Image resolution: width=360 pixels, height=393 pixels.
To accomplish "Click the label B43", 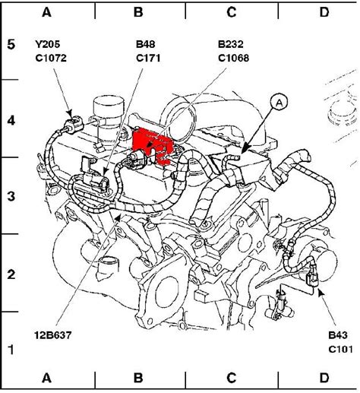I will (x=336, y=334).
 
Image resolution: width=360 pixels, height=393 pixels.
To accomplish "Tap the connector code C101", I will (x=339, y=348).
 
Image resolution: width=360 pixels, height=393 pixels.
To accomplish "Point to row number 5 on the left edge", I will (x=11, y=43).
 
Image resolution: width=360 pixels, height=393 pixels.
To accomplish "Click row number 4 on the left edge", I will (x=11, y=119).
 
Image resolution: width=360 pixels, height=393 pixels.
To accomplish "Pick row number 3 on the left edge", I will (x=11, y=196).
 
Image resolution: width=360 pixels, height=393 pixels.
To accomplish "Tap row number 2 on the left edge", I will (x=11, y=273).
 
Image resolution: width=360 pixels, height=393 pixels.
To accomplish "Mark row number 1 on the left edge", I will (x=11, y=350).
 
